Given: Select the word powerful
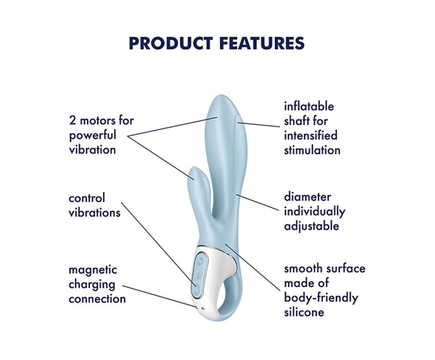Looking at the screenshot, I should pos(93,135).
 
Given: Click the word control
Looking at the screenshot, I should pos(87,198).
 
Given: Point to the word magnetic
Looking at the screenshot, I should pos(93,269).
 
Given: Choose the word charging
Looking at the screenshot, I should pos(92,284).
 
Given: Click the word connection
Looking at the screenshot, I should pos(97,298).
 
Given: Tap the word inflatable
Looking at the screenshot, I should pos(309,107).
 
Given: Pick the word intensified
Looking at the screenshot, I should pos(311,135).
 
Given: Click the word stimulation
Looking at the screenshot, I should pos(312,150).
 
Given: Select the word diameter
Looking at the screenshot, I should pos(308,197).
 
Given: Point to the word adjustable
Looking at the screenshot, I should pos(311,227).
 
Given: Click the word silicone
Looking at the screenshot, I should pos(305,312).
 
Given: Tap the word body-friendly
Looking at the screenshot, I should pos(321,298).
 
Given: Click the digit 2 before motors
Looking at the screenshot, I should pos(72,121).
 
